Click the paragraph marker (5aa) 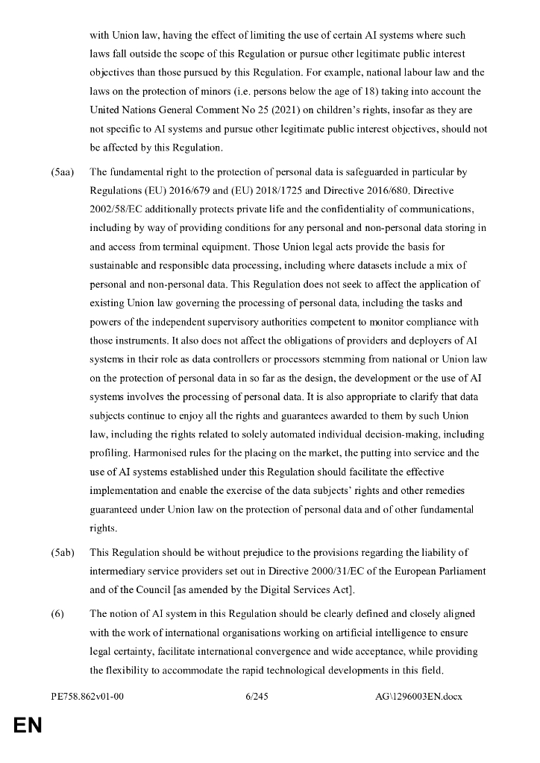pyautogui.click(x=63, y=172)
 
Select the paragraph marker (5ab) pyautogui.click(x=63, y=551)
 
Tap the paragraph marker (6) pyautogui.click(x=58, y=613)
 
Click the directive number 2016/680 pyautogui.click(x=396, y=191)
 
